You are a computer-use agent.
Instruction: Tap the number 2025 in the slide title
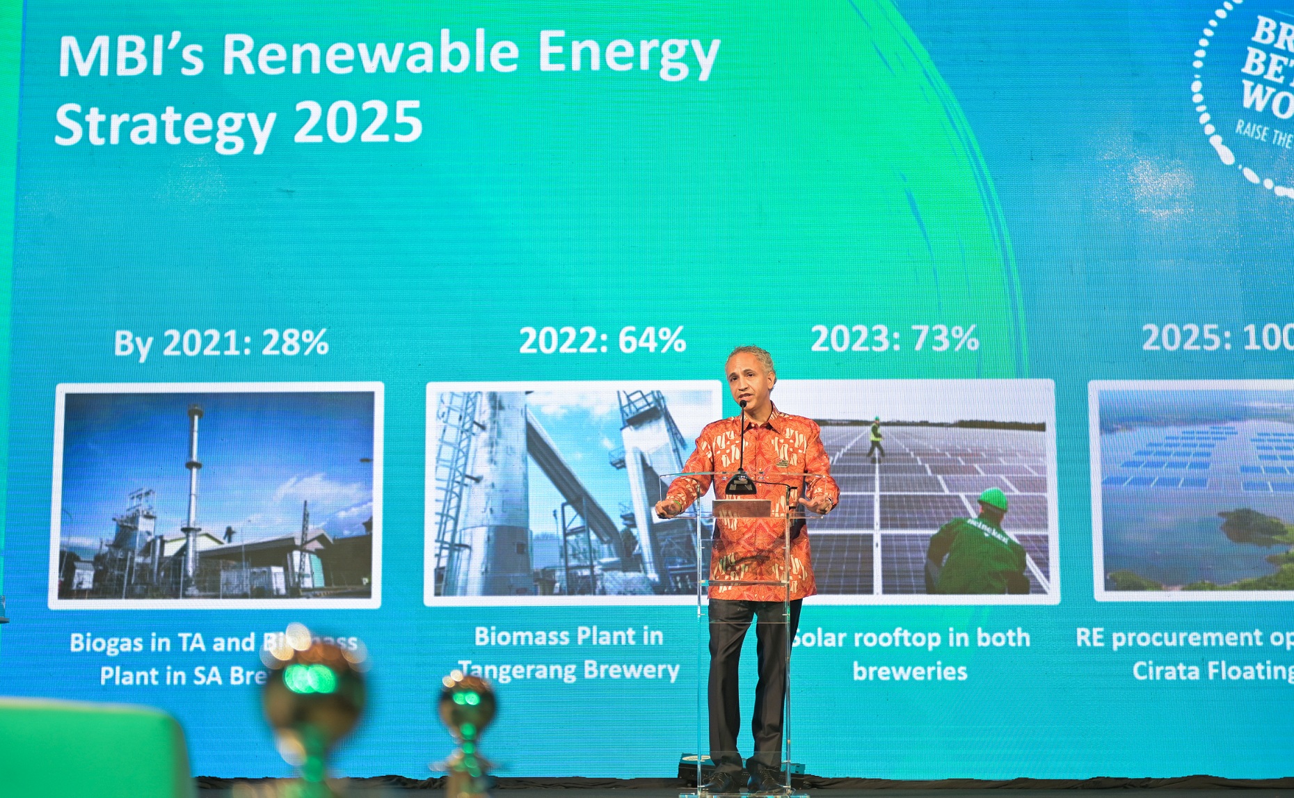pyautogui.click(x=358, y=122)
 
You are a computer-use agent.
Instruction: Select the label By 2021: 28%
pyautogui.click(x=221, y=343)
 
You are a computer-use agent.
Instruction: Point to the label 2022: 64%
pyautogui.click(x=602, y=340)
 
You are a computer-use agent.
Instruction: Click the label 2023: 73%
pyautogui.click(x=895, y=339)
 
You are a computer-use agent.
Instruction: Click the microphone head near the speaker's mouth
pyautogui.click(x=743, y=404)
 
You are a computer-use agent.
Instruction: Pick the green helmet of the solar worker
pyautogui.click(x=993, y=498)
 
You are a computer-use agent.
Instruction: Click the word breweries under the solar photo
pyautogui.click(x=910, y=671)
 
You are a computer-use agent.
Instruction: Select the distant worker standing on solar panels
pyautogui.click(x=875, y=438)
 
